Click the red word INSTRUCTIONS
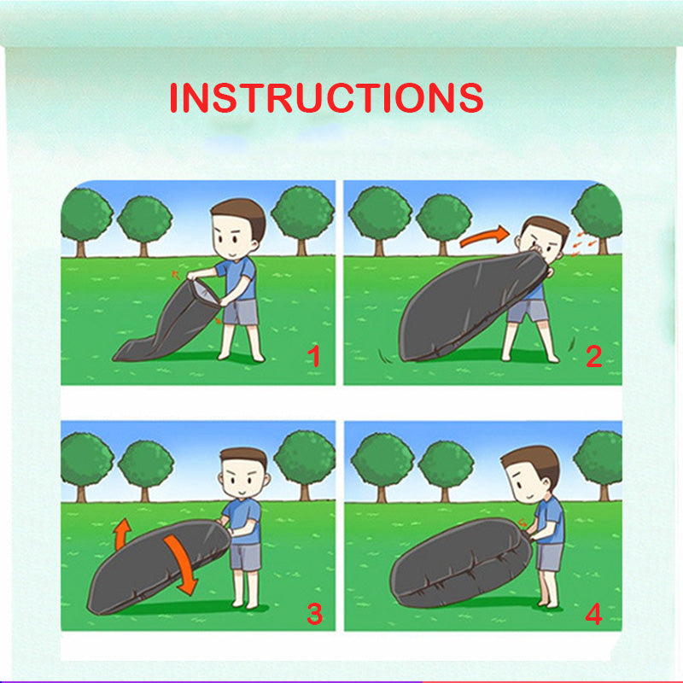pos(326,97)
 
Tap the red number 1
pos(313,356)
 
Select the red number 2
pos(593,356)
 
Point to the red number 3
pos(314,614)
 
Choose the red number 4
pos(593,614)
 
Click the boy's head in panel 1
pos(237,229)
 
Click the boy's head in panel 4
pos(530,475)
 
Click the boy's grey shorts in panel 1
pos(241,312)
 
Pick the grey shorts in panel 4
pos(549,557)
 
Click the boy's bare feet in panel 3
pos(245,604)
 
